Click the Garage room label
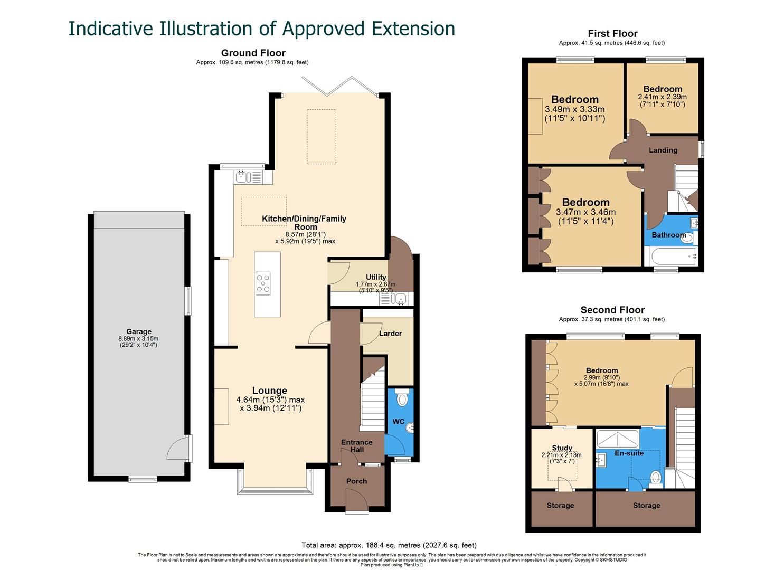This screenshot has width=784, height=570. coord(138,332)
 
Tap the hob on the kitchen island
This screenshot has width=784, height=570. coord(263,283)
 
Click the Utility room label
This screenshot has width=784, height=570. coord(376,277)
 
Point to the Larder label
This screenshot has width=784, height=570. coord(390,334)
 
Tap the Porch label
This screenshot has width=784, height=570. coord(356,481)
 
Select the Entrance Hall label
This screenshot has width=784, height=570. coord(356,446)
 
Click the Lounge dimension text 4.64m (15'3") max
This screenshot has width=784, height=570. coord(270,400)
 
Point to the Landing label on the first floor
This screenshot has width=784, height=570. coord(663,150)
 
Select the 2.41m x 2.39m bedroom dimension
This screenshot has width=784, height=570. coord(662,97)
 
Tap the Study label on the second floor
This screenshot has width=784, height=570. coord(562,448)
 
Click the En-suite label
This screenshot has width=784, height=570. coord(629,453)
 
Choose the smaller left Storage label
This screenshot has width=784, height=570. coord(560,506)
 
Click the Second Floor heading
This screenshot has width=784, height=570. coord(612,310)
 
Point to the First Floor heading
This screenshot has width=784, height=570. coord(612,34)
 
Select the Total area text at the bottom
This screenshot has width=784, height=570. coord(389,545)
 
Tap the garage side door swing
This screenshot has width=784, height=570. coord(177,449)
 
